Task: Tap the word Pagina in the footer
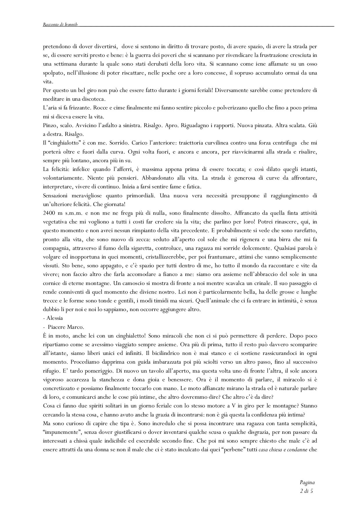[307, 483]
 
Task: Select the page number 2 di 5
[307, 491]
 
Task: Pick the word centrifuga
[285, 143]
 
